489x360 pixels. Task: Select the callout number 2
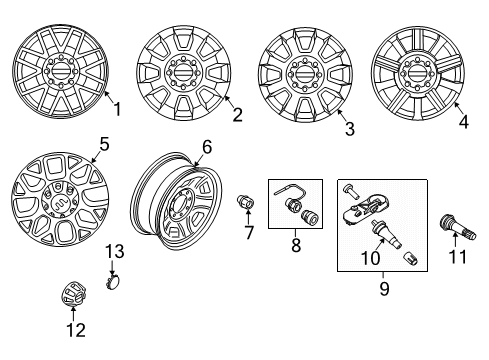[237, 115]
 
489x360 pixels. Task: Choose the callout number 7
[248, 233]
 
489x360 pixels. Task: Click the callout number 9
[384, 293]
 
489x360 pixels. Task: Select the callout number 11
[460, 257]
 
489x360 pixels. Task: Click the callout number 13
[115, 250]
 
